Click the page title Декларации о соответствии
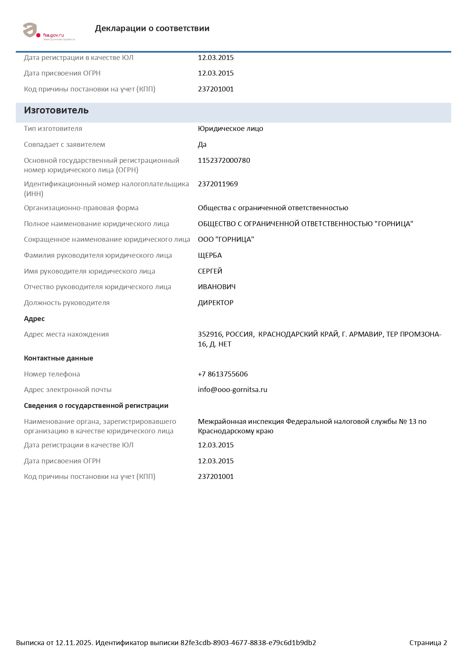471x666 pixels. pyautogui.click(x=152, y=28)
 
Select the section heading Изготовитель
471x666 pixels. pyautogui.click(x=56, y=110)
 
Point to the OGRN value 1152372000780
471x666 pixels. pyautogui.click(x=224, y=161)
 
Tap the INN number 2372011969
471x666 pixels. pyautogui.click(x=218, y=184)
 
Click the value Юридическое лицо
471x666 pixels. pyautogui.click(x=230, y=129)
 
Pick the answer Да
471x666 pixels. pyautogui.click(x=202, y=145)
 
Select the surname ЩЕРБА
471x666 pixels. pyautogui.click(x=210, y=255)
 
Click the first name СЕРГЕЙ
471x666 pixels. pyautogui.click(x=210, y=271)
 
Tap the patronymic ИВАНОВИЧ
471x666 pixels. pyautogui.click(x=217, y=287)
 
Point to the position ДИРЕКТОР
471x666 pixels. pyautogui.click(x=215, y=303)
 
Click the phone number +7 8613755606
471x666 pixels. pyautogui.click(x=223, y=374)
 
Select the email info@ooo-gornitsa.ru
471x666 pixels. pyautogui.click(x=232, y=390)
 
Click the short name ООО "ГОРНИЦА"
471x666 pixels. pyautogui.click(x=226, y=239)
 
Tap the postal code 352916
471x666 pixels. pyautogui.click(x=210, y=334)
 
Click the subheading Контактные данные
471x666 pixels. pyautogui.click(x=58, y=358)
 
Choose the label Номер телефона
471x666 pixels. pyautogui.click(x=52, y=374)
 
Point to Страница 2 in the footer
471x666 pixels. pyautogui.click(x=428, y=643)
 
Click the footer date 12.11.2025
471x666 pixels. pyautogui.click(x=74, y=643)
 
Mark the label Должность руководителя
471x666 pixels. pyautogui.click(x=67, y=303)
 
